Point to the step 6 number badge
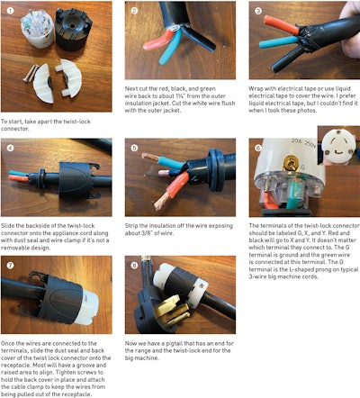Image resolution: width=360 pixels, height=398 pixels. tap(258, 146)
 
